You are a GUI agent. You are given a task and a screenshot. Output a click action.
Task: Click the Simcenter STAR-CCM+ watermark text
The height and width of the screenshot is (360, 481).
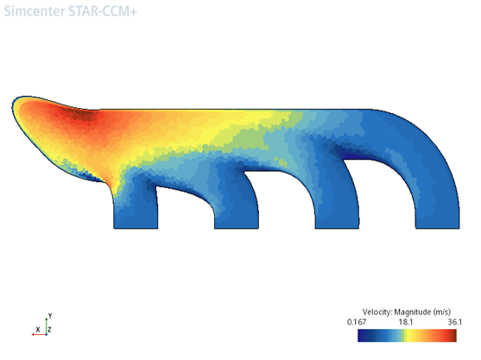70,11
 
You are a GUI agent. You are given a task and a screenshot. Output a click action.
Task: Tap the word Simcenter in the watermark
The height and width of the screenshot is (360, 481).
35,11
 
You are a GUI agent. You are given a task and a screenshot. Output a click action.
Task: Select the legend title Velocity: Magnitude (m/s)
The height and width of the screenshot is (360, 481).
407,313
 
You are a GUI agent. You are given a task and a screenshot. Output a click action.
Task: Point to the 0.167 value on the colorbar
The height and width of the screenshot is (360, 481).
357,322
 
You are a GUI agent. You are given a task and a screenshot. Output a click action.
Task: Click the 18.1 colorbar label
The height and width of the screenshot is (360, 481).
406,322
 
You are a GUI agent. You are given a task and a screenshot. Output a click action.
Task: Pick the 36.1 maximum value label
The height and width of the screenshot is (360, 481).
454,322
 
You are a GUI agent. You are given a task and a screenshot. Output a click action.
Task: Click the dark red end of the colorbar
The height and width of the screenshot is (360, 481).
453,336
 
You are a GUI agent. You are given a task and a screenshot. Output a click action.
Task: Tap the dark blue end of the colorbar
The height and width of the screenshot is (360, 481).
361,336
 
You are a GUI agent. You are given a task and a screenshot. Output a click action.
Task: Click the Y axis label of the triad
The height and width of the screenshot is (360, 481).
50,316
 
